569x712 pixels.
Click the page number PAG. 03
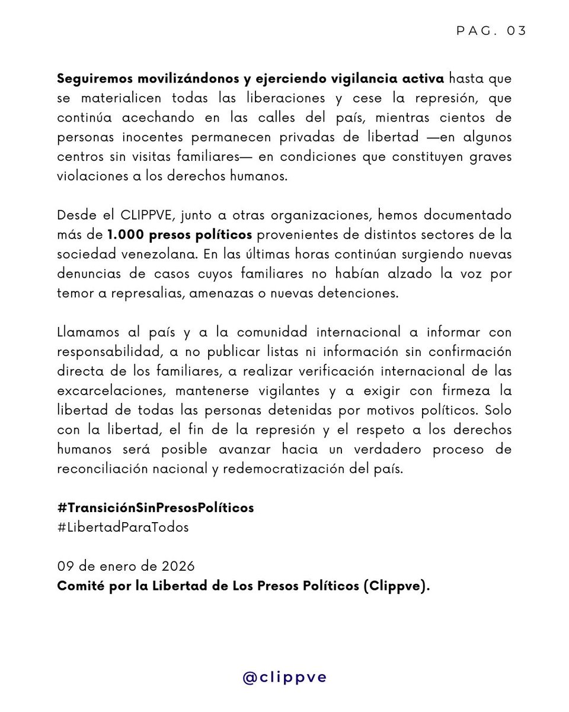point(491,31)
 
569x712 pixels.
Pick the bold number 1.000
point(126,234)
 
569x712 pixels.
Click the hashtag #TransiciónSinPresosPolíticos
point(155,508)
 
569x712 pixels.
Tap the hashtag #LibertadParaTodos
point(123,526)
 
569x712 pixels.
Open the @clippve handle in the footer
point(284,678)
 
